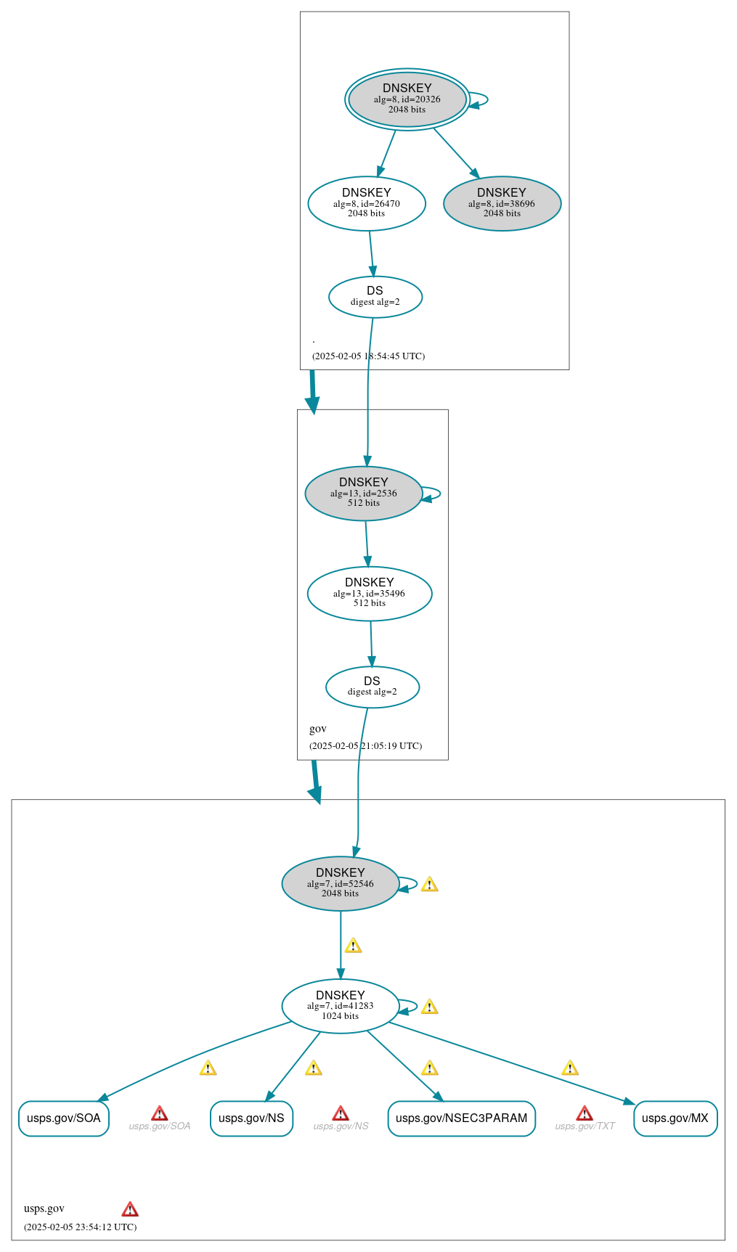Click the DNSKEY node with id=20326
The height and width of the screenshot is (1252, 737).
407,99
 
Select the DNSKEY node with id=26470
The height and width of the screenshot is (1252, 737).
367,203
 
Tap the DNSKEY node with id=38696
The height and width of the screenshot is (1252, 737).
502,203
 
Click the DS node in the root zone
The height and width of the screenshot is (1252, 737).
375,296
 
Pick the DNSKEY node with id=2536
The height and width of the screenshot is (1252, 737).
363,493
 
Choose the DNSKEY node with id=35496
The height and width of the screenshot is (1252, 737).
370,593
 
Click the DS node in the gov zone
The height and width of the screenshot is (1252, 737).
372,687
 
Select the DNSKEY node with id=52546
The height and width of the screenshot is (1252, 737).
340,883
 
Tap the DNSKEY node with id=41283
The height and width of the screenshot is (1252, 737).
340,1006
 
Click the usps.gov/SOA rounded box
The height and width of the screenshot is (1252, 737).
64,1118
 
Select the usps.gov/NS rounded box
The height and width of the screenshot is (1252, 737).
251,1118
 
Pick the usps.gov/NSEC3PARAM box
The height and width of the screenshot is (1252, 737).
461,1118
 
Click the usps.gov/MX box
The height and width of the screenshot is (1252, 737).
675,1118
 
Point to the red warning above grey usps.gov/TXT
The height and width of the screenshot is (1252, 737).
585,1113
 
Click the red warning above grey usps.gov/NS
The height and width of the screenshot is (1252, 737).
341,1113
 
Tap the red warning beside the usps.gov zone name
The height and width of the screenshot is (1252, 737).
130,1209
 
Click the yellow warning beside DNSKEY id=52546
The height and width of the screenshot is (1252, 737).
429,884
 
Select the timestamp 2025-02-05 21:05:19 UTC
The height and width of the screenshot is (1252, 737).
365,746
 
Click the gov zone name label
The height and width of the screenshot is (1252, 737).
318,729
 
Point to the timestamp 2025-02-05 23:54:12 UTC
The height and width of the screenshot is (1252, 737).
80,1227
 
